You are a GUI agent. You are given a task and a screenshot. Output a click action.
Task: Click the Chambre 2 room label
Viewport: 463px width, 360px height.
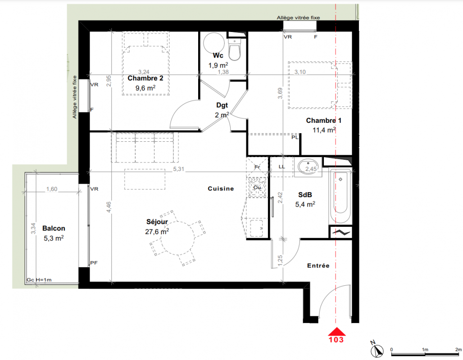click(x=145, y=78)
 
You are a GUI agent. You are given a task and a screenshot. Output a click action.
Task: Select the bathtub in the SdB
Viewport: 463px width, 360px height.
click(x=340, y=196)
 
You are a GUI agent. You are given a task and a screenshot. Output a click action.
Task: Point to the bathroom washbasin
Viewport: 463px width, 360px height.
click(x=308, y=167)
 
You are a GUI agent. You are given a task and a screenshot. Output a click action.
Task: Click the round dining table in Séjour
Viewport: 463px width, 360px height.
click(x=177, y=238)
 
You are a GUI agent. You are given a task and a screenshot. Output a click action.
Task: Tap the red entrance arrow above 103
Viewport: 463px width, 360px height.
click(x=336, y=332)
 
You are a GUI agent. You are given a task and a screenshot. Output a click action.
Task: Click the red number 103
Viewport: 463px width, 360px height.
click(x=336, y=340)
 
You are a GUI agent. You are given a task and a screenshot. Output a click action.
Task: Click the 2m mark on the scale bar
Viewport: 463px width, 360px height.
click(x=458, y=350)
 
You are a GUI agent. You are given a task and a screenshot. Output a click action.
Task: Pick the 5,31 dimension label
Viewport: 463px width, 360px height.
click(x=179, y=169)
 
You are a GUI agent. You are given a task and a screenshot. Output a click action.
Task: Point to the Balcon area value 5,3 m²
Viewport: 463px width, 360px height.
click(x=54, y=238)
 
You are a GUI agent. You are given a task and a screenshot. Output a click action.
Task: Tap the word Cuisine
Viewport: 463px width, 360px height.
click(x=221, y=189)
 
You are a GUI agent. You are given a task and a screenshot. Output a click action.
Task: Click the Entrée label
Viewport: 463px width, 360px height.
click(x=318, y=265)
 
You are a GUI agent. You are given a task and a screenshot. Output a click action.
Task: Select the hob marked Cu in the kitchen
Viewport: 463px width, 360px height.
click(x=258, y=187)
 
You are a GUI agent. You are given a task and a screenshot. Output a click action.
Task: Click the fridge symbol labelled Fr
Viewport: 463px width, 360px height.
click(x=257, y=167)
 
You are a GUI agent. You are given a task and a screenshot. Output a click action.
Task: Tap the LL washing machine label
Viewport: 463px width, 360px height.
click(x=281, y=166)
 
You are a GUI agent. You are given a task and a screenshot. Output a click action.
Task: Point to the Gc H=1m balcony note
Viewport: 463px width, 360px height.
click(x=39, y=280)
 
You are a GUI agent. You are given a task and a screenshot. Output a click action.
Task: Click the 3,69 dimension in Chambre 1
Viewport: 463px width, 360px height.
click(x=280, y=93)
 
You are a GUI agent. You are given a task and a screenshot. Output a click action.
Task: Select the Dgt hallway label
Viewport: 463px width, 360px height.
click(x=222, y=105)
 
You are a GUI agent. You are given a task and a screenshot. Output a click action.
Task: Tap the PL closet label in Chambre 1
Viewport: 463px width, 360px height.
click(x=295, y=137)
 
